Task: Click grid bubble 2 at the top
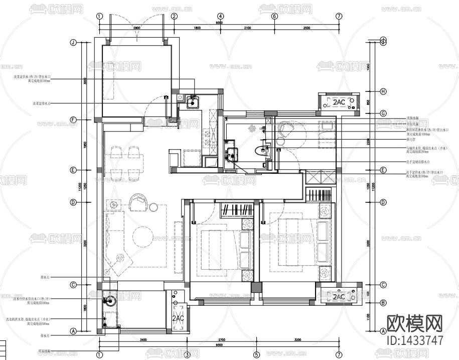[x=175, y=16]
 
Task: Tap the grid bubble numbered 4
[x=220, y=16]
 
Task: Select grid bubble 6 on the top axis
[x=274, y=16]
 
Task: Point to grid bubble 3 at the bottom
[x=187, y=355]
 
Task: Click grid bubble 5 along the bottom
[x=256, y=355]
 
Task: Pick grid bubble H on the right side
[x=383, y=91]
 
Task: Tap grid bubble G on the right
[x=383, y=113]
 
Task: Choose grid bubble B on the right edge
[x=383, y=303]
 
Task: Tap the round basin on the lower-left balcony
[x=110, y=301]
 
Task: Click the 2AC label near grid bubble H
[x=339, y=102]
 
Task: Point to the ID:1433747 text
[x=415, y=340]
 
